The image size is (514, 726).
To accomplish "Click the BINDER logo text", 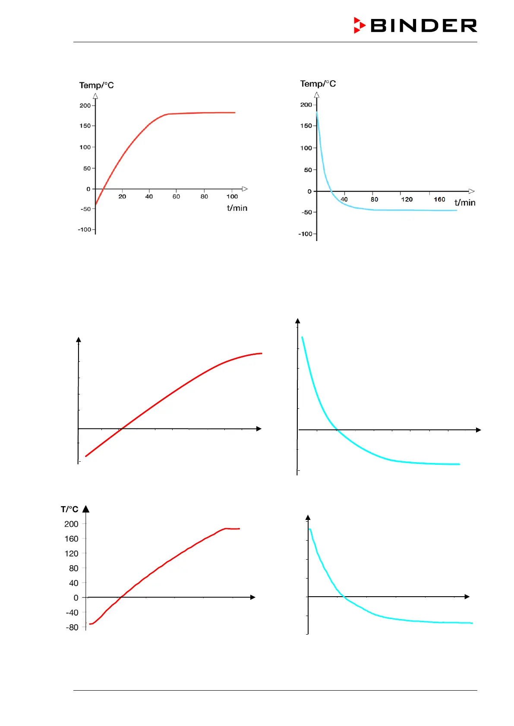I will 423,26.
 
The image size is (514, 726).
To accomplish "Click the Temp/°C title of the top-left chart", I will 96,85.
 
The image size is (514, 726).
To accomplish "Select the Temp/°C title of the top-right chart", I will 318,84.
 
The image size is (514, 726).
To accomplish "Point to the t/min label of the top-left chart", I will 237,208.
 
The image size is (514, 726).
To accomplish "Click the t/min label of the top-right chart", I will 464,203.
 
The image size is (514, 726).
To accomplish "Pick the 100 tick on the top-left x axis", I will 232,197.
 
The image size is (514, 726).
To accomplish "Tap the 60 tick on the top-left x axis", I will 176,197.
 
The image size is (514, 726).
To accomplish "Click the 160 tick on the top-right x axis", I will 439,199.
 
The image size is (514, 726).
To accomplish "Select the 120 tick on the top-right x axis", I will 407,199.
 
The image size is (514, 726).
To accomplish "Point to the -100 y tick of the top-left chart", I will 85,229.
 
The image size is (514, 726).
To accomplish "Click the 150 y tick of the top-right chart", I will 306,126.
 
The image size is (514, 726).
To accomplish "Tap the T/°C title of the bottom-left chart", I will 69,510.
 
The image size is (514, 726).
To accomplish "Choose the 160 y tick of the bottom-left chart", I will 72,539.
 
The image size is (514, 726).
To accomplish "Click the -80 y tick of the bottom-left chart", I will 72,627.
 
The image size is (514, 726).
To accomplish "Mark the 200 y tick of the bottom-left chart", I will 72,524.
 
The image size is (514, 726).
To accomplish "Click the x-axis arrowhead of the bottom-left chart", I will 253,597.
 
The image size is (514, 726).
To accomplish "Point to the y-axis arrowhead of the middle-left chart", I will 79,340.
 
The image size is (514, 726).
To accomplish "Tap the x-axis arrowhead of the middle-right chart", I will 478,430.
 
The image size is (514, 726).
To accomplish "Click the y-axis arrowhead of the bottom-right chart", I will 308,517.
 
